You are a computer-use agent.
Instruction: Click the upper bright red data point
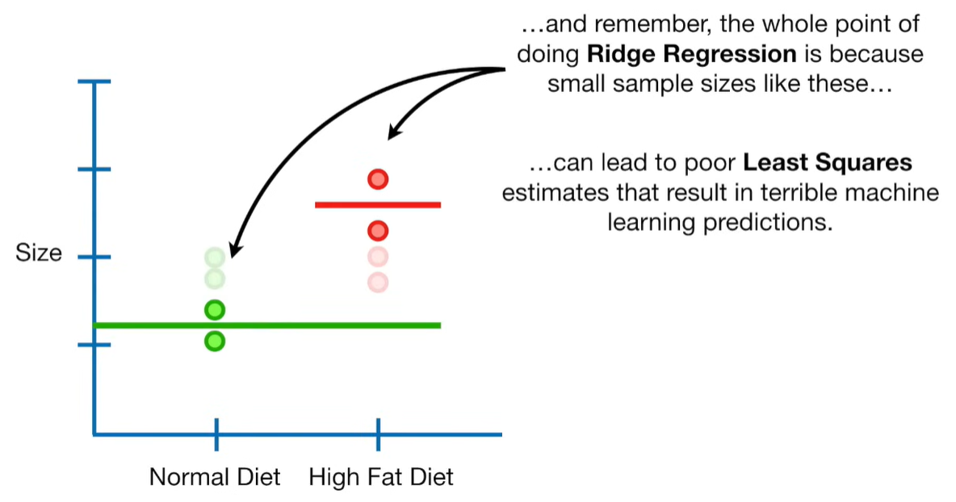pos(378,179)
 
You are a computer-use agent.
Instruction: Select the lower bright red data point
pos(378,232)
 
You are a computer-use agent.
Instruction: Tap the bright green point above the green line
pos(214,309)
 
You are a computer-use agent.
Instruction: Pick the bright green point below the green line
pos(214,341)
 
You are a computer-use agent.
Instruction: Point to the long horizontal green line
pos(266,325)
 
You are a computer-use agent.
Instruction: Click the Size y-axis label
pos(39,253)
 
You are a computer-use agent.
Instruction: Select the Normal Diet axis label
pos(215,477)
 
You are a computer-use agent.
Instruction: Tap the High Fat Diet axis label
pos(381,477)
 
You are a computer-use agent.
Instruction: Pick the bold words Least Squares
pos(828,163)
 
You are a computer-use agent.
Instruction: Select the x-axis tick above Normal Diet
pos(216,434)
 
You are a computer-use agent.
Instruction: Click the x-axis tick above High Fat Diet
pos(378,434)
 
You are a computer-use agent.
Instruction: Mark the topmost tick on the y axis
pos(94,82)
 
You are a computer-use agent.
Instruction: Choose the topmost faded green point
pos(214,257)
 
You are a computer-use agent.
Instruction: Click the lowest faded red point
pos(378,282)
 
